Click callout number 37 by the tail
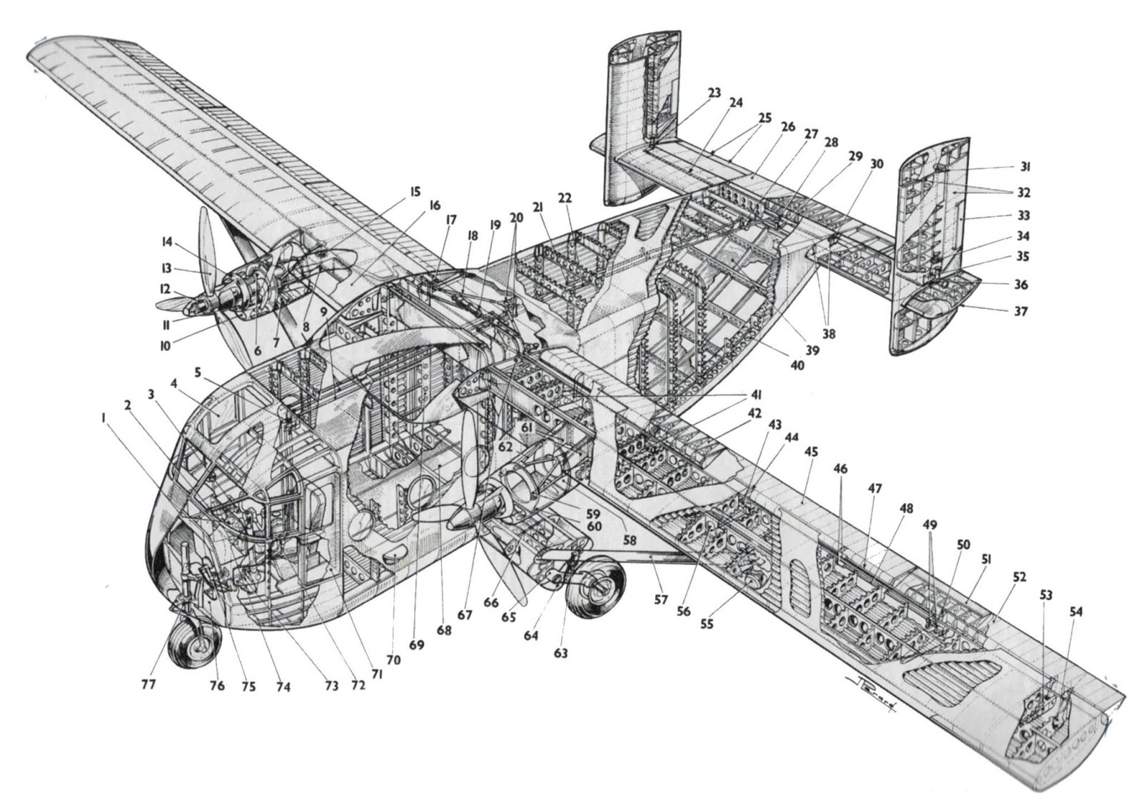coord(1022,311)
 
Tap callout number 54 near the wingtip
coord(1076,611)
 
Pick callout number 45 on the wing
coord(811,452)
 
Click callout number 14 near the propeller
coord(167,243)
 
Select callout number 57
coord(661,600)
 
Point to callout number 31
coord(1026,167)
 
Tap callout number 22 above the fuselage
coord(565,198)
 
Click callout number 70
coord(393,660)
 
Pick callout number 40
coord(797,365)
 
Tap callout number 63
coord(561,652)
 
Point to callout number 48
coord(906,509)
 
